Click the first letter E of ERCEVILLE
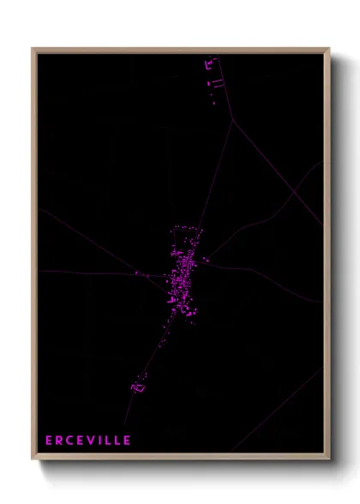point(49,441)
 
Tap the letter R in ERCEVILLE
point(59,441)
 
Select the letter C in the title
point(70,441)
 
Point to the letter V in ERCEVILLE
point(92,441)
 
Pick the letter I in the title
point(101,441)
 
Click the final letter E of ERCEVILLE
point(127,441)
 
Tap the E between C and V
point(81,441)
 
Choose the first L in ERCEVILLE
point(108,441)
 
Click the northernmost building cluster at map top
point(210,63)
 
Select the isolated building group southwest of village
point(137,387)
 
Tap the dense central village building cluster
point(183,279)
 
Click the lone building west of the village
point(136,273)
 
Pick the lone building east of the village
point(206,259)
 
